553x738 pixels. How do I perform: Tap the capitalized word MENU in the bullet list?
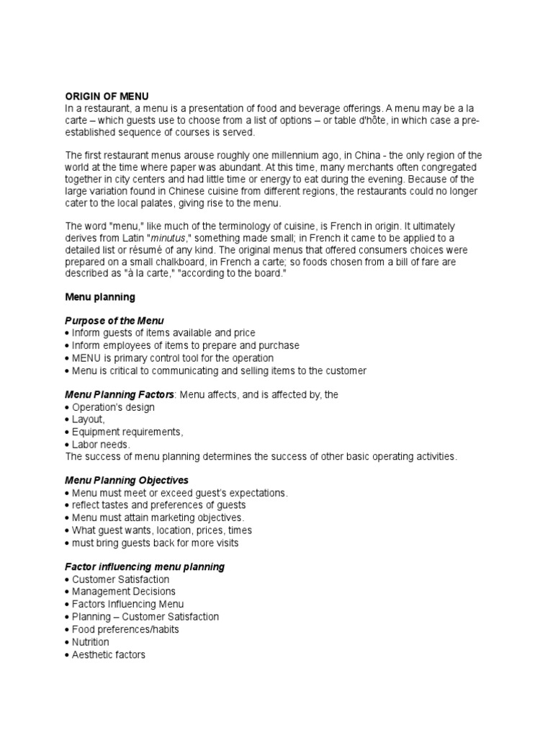click(90, 358)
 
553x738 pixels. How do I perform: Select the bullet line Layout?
click(88, 419)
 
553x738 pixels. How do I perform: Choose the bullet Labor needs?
click(101, 445)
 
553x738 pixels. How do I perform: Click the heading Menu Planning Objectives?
click(127, 480)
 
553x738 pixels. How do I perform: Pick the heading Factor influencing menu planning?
click(145, 566)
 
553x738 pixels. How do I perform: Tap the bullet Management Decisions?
click(124, 592)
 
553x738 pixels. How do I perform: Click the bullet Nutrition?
click(91, 641)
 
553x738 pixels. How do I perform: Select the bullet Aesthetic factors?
click(109, 654)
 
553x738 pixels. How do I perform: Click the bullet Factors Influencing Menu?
click(127, 604)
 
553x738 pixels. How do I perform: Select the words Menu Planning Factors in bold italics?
click(120, 394)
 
